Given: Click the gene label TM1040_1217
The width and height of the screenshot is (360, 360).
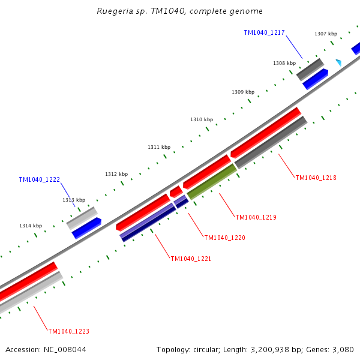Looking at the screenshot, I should (x=264, y=32).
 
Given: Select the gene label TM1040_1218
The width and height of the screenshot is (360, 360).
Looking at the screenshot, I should (x=316, y=178).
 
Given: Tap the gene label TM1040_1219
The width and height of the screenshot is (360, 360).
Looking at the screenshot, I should (x=256, y=217).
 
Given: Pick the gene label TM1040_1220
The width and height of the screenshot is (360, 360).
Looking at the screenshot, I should (x=224, y=238).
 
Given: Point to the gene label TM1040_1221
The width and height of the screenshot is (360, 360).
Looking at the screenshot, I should (x=191, y=259).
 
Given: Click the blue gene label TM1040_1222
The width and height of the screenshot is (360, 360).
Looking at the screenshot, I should (x=40, y=179).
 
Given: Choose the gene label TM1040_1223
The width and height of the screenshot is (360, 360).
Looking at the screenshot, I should (x=68, y=331).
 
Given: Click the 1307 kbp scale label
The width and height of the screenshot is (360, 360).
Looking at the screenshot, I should (x=326, y=34).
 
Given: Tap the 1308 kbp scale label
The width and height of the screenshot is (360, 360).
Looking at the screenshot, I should (x=284, y=63).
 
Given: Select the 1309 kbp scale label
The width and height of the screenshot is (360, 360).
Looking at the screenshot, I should (x=243, y=92).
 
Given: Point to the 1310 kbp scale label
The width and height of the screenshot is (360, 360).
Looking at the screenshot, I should (x=202, y=119).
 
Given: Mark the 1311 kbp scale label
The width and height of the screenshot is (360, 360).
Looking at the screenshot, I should (x=159, y=147).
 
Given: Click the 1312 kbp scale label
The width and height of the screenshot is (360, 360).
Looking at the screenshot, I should (x=116, y=174).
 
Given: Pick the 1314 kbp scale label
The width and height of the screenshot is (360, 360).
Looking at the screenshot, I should (x=31, y=226).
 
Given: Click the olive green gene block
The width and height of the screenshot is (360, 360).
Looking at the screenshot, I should (x=212, y=182).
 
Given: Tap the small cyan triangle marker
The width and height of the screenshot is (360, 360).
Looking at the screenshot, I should (x=339, y=62).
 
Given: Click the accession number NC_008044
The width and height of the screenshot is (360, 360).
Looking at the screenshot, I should (x=66, y=349).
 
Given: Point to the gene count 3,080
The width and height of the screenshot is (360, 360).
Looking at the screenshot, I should (x=342, y=349).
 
